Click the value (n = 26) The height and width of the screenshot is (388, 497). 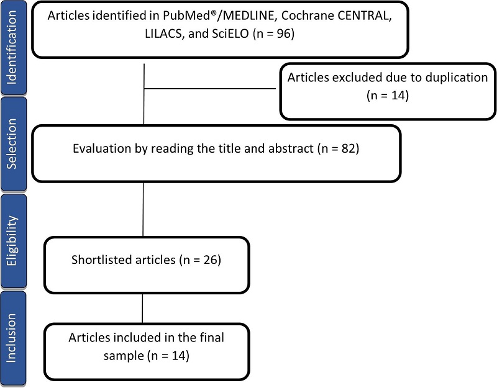click(x=197, y=259)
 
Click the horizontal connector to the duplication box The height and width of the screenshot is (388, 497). click(x=211, y=88)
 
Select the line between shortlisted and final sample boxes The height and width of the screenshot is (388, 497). click(x=144, y=307)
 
